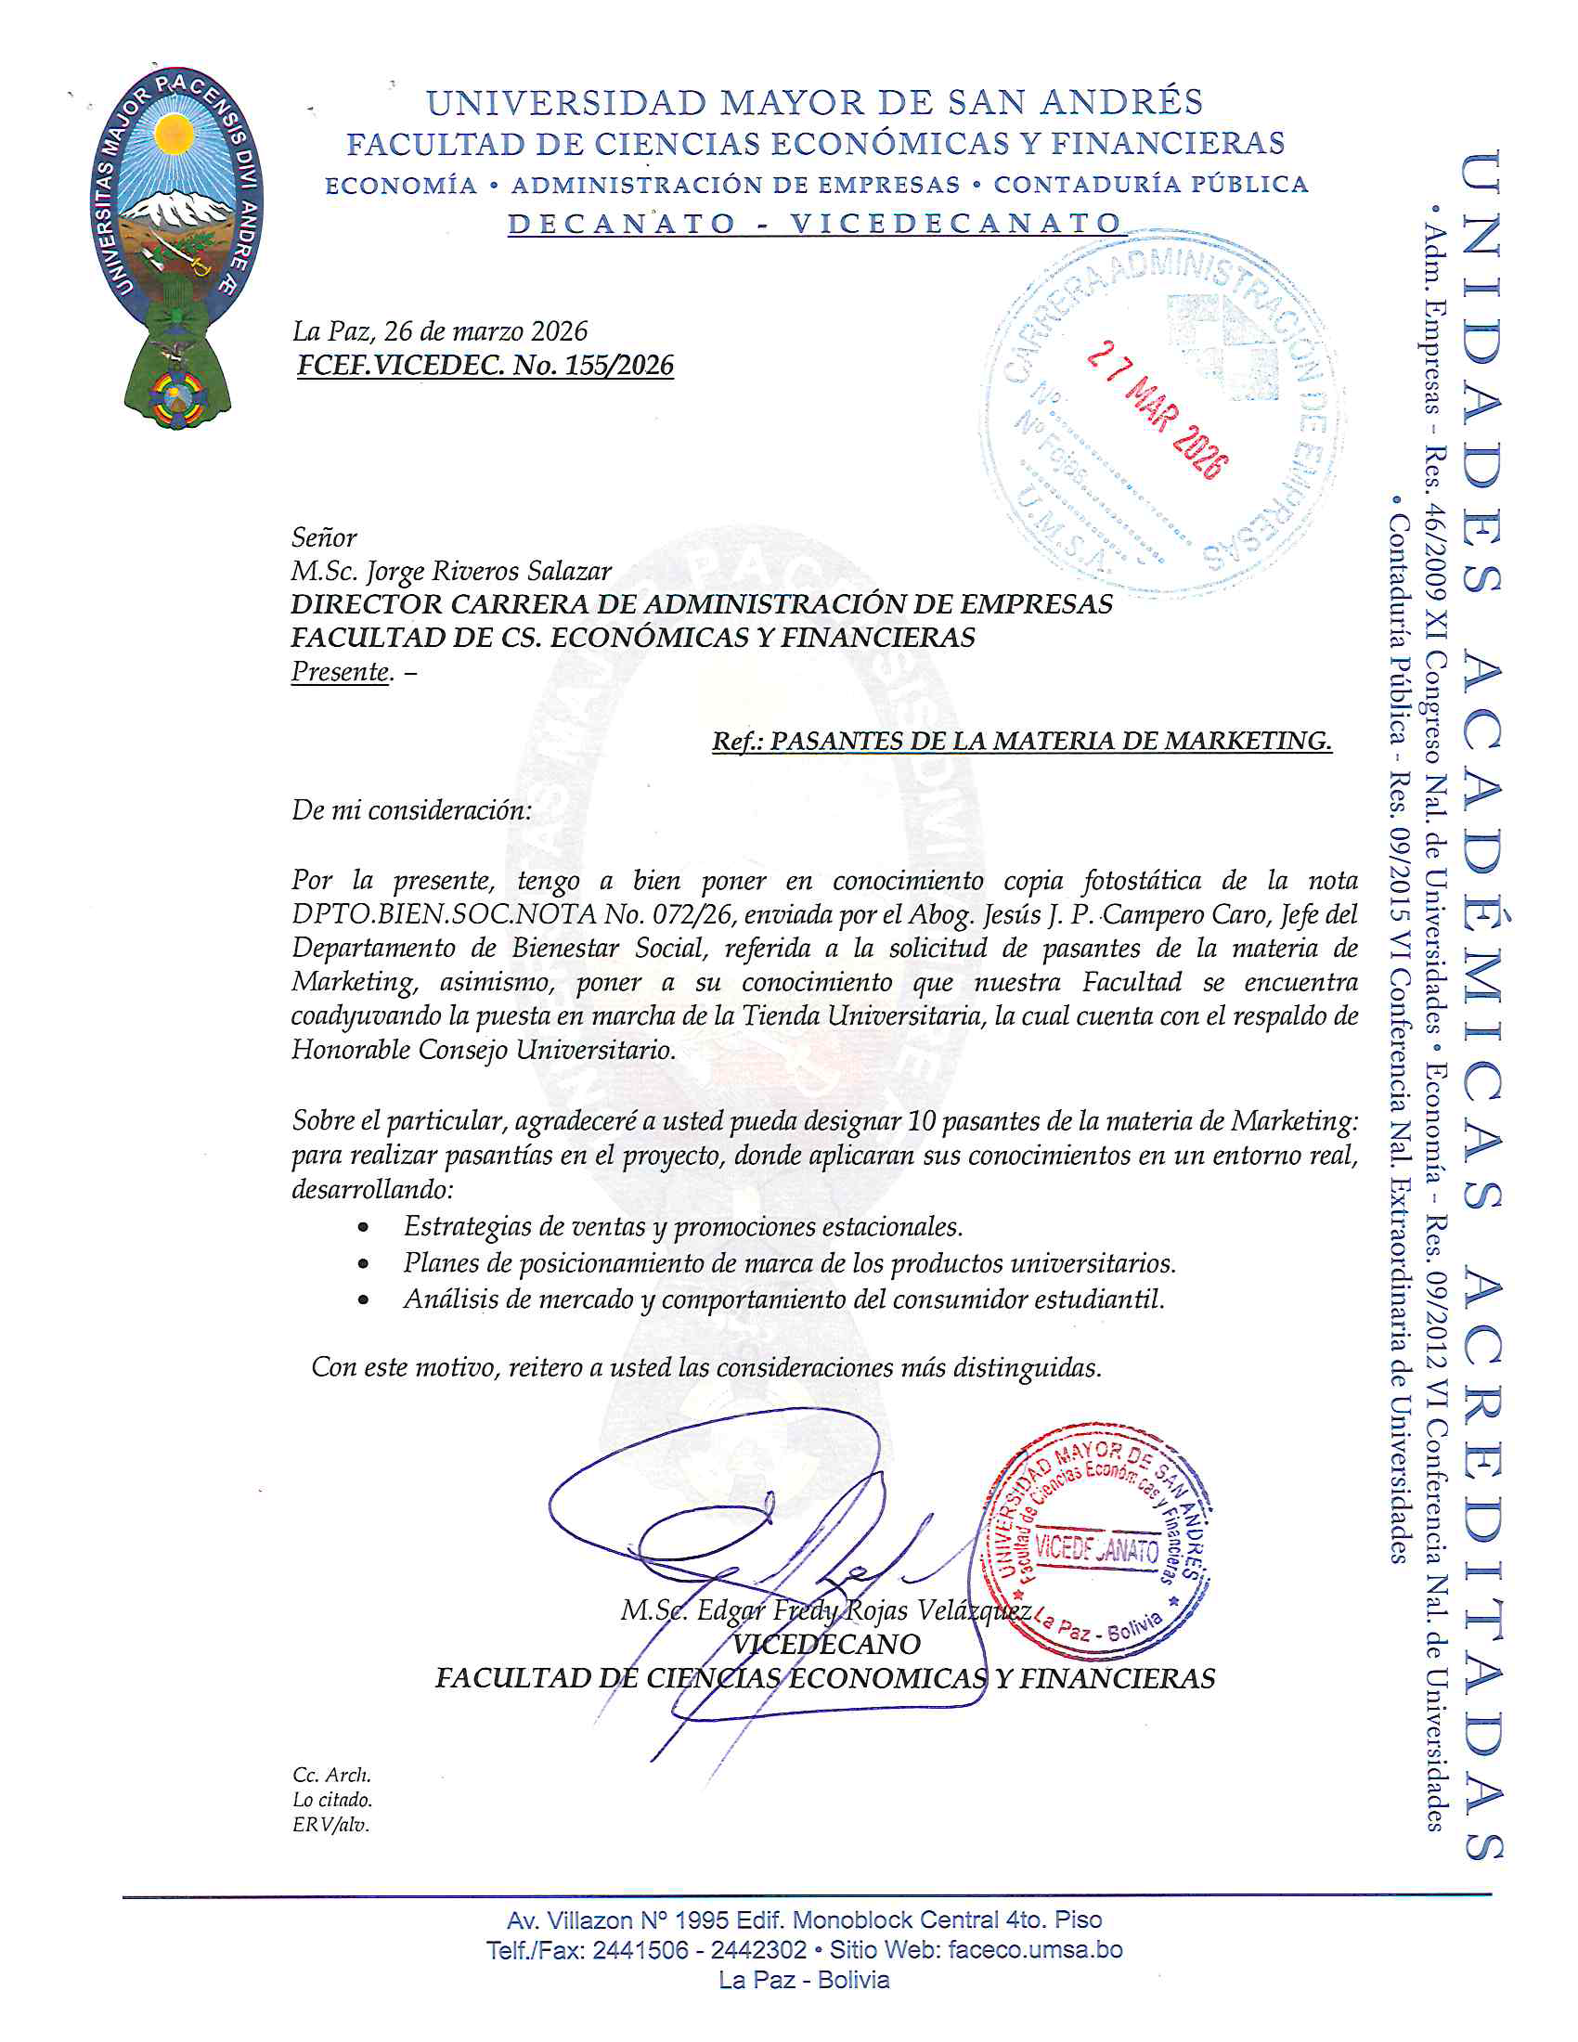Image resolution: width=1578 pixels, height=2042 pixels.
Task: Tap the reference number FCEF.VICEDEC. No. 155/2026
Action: pyautogui.click(x=485, y=365)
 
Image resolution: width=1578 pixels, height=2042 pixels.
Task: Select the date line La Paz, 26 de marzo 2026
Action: pyautogui.click(x=439, y=331)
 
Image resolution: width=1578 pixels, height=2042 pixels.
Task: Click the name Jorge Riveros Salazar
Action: pyautogui.click(x=488, y=570)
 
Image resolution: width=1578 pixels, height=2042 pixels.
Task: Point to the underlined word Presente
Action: pyautogui.click(x=341, y=671)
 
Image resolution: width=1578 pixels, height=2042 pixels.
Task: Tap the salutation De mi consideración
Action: pyautogui.click(x=411, y=809)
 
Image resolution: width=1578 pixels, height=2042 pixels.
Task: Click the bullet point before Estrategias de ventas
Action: pyautogui.click(x=363, y=1228)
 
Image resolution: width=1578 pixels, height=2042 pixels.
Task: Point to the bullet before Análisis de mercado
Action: pyautogui.click(x=363, y=1300)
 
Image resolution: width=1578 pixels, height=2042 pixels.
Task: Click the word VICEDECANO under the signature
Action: pyautogui.click(x=825, y=1644)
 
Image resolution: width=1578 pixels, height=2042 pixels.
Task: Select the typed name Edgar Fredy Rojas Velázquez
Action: pyautogui.click(x=825, y=1610)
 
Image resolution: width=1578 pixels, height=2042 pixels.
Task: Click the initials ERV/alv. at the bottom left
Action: pyautogui.click(x=331, y=1825)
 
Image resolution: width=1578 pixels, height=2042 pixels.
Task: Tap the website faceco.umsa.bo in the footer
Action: pyautogui.click(x=1035, y=1949)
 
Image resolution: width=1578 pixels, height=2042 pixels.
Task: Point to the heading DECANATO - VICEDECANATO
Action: pyautogui.click(x=814, y=224)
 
